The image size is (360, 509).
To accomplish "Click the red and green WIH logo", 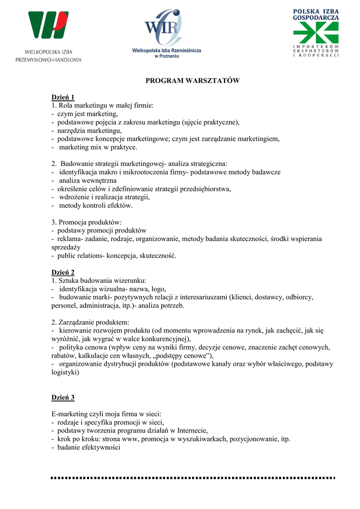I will [x=48, y=25].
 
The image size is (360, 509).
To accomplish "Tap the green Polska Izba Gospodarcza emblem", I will [x=315, y=33].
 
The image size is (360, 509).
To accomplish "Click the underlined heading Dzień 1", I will [x=63, y=97].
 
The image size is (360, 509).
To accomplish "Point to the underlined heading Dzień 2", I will [x=63, y=272].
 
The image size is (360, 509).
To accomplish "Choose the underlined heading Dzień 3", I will [x=63, y=398].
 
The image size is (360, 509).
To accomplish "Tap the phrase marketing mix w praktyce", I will [x=98, y=147].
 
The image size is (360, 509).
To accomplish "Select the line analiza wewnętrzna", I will [x=88, y=180].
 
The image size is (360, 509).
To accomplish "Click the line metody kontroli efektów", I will [x=96, y=205].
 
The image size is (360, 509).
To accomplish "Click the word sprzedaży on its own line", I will [x=66, y=247].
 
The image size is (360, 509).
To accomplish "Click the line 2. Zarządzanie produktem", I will [x=90, y=322].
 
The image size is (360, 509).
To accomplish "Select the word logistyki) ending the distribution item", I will [x=65, y=372].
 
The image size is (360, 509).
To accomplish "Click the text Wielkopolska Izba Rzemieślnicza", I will [x=167, y=51].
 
